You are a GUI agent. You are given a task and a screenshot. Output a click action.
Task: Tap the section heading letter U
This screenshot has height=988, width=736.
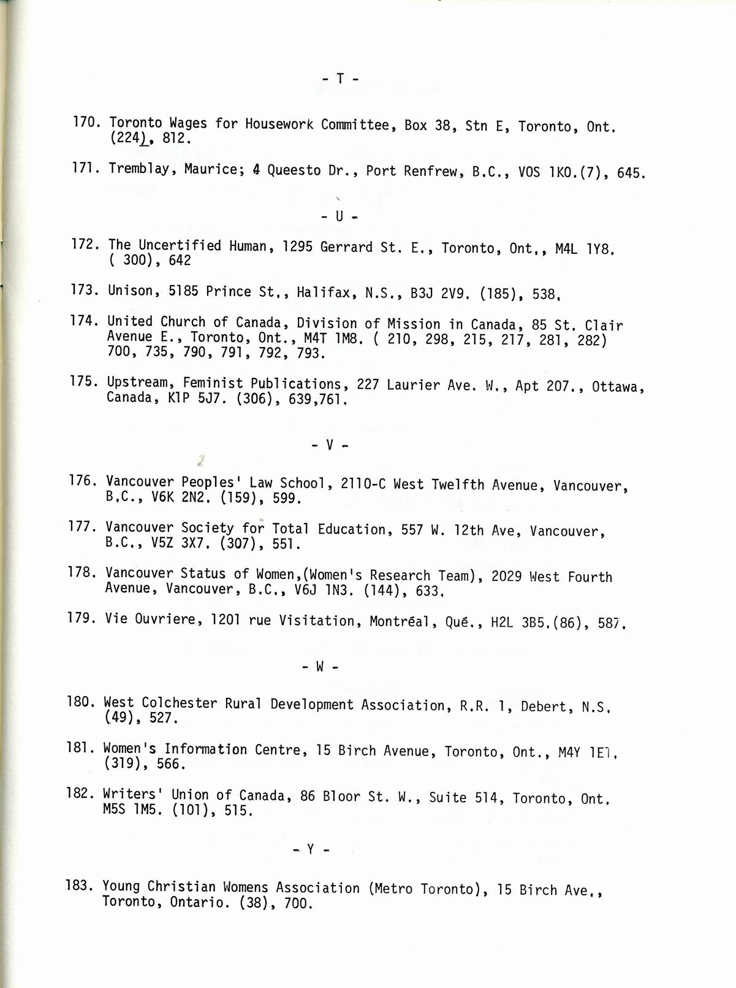(x=339, y=216)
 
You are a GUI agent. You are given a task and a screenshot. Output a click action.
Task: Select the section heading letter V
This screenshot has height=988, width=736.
(x=329, y=445)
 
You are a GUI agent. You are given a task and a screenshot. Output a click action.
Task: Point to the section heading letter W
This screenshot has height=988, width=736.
(x=319, y=667)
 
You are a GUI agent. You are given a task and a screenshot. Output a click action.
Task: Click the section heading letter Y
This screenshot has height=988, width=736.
(x=311, y=849)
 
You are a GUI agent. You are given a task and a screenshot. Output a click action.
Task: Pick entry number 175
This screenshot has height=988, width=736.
(x=85, y=381)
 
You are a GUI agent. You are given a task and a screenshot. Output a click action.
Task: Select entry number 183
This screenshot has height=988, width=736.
(x=80, y=886)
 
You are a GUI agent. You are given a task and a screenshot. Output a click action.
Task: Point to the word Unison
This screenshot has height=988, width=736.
(x=130, y=291)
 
